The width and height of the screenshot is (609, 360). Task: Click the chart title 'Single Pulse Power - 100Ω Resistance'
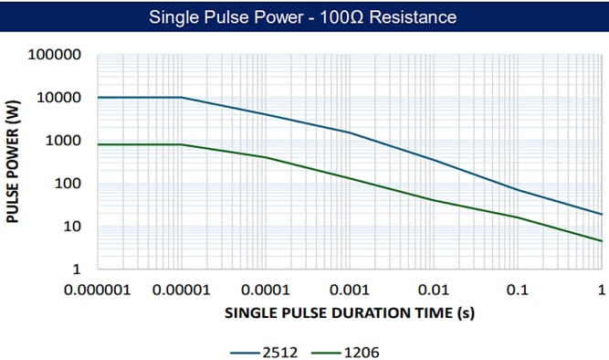(x=303, y=16)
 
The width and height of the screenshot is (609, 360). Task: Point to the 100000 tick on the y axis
(x=57, y=55)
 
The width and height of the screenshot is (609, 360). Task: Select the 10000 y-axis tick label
(x=60, y=98)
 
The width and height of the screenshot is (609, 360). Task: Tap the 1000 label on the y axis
(x=64, y=141)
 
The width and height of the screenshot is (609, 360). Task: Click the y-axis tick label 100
(x=68, y=184)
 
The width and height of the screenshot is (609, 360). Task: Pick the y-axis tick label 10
(x=71, y=227)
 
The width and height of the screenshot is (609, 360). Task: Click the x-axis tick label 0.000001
(x=97, y=291)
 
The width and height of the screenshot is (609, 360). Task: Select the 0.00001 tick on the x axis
(x=181, y=291)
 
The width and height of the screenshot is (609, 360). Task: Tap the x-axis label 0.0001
(x=265, y=291)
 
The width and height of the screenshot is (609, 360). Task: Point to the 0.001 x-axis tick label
(x=349, y=291)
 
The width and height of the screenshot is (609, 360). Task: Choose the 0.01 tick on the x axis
(x=433, y=291)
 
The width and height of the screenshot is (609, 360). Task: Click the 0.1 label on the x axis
(x=517, y=291)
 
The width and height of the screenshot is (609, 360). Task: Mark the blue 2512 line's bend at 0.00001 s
(x=181, y=98)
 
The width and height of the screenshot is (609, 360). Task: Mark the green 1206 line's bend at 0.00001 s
(x=181, y=144)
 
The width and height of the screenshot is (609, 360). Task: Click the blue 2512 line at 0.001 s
(x=349, y=132)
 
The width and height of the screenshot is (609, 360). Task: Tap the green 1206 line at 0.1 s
(x=517, y=217)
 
